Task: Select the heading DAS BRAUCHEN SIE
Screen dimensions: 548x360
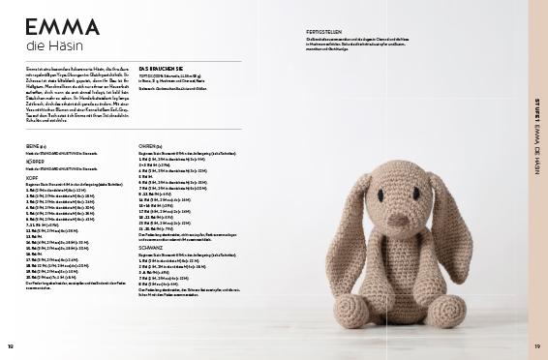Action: [x=160, y=69]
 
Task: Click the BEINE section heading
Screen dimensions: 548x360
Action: [x=36, y=146]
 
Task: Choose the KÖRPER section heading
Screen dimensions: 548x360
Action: [x=38, y=162]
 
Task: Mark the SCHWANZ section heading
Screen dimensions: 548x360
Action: [x=154, y=249]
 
